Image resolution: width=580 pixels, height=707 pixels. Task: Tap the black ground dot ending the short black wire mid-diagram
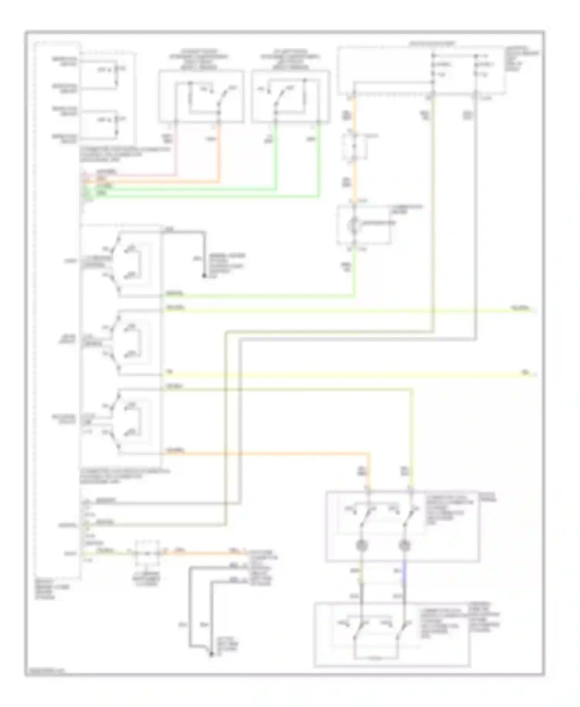tap(204, 276)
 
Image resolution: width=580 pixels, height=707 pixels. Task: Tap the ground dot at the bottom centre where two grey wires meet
tap(211, 654)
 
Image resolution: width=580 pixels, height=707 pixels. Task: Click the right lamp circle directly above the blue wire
tap(404, 546)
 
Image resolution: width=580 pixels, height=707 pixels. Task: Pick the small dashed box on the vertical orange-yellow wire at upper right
tap(354, 147)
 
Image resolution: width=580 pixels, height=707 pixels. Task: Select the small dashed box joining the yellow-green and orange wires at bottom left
tap(147, 553)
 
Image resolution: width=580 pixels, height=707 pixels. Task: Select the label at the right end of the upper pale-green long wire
tap(520, 308)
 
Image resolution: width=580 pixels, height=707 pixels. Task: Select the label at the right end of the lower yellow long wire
tap(526, 372)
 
